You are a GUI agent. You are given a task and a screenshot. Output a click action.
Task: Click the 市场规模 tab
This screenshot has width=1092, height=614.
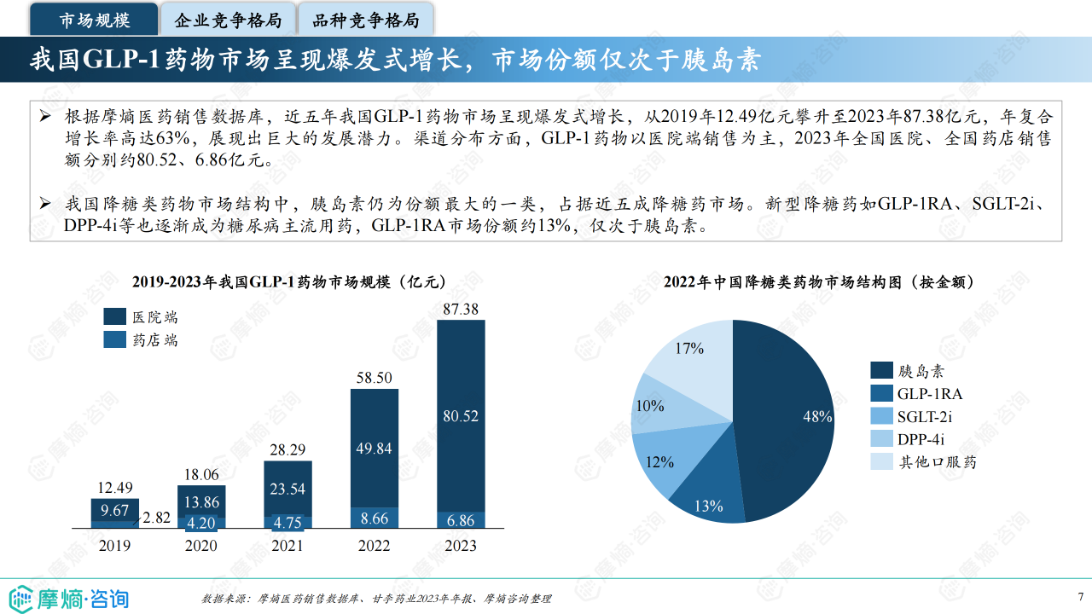[x=95, y=20]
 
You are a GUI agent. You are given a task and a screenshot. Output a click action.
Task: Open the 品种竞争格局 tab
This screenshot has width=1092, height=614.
[x=365, y=20]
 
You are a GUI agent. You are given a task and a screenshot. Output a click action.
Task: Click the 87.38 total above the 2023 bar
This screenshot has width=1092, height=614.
[x=461, y=310]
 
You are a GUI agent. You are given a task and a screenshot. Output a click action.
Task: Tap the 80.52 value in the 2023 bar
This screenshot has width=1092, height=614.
[x=461, y=416]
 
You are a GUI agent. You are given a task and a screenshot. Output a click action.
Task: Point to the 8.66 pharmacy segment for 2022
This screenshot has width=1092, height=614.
[x=375, y=518]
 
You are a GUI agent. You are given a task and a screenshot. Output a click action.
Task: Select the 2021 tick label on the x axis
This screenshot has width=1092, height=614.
[x=288, y=546]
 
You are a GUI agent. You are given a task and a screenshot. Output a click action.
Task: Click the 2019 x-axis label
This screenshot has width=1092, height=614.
[x=115, y=546]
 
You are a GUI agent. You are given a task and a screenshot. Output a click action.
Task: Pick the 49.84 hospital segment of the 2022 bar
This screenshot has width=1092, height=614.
[x=375, y=449]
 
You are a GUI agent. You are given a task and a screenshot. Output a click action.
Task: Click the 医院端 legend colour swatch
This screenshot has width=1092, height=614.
[x=115, y=317]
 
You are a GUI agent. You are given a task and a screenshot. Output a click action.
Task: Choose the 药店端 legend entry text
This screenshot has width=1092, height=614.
[x=155, y=340]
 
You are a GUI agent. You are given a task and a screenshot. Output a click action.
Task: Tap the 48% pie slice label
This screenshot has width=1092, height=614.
[x=817, y=416]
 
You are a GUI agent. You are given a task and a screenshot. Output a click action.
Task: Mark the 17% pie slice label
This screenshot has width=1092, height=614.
[x=688, y=348]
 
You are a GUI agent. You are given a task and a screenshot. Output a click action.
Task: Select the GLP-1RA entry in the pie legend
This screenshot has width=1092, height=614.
[x=929, y=394]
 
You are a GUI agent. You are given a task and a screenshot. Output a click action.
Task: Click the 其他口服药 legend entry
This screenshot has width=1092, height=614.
[x=937, y=462]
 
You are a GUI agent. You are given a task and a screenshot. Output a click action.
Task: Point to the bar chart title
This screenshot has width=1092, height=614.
[x=290, y=282]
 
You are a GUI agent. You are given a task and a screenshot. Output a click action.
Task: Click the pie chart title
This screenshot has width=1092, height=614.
[x=819, y=282]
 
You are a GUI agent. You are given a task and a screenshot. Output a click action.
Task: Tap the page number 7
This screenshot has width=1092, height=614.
[x=1081, y=596]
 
